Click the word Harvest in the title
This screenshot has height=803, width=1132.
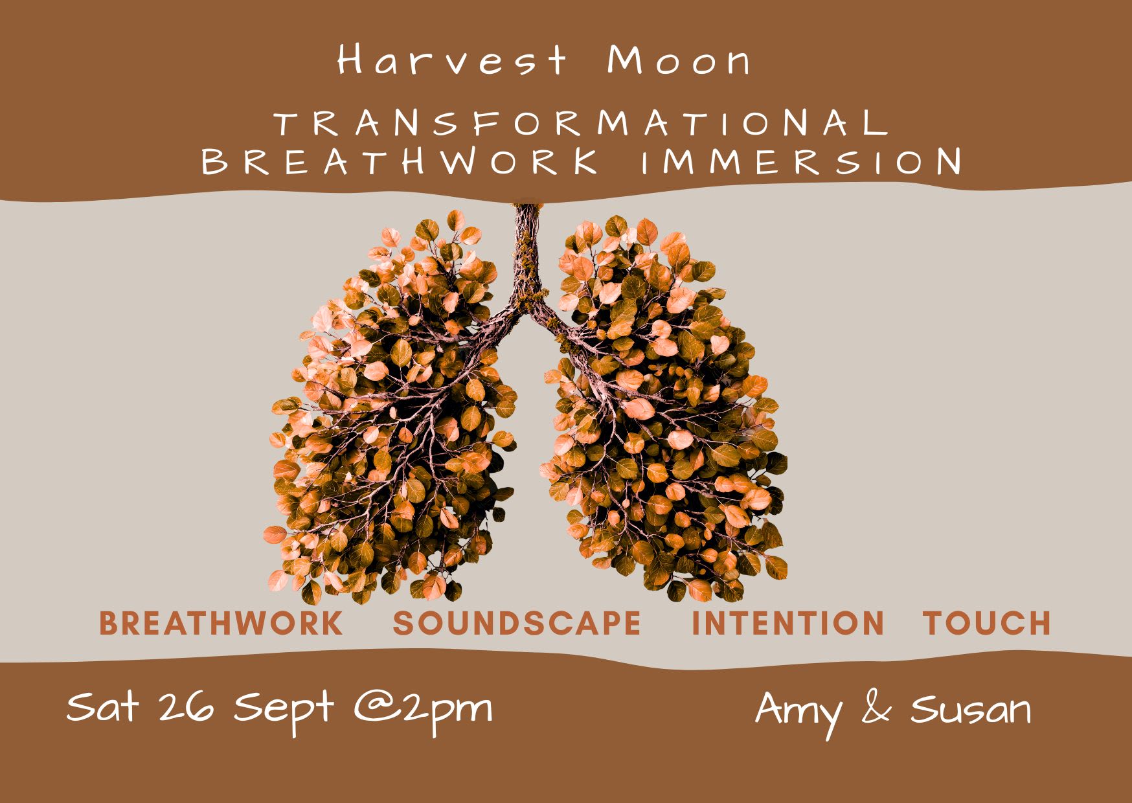(x=452, y=60)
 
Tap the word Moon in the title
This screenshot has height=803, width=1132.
(x=679, y=61)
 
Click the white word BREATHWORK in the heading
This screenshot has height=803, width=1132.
(x=400, y=161)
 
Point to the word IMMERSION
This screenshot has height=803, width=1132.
(x=801, y=161)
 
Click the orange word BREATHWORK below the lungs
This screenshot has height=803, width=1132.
(x=221, y=623)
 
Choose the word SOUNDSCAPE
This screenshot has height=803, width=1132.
(x=517, y=623)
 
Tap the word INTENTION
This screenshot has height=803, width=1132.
(x=788, y=623)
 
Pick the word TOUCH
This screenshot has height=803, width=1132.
(x=987, y=623)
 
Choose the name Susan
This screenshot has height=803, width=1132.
(x=971, y=709)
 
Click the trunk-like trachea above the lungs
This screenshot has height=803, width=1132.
(x=528, y=259)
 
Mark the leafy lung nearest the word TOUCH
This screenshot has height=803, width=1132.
(x=664, y=408)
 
